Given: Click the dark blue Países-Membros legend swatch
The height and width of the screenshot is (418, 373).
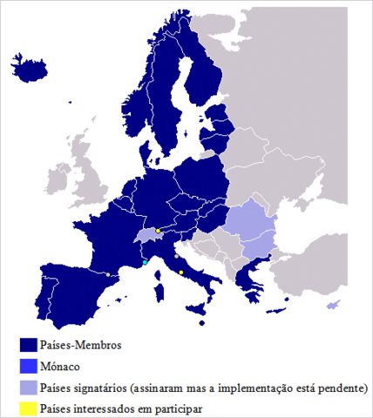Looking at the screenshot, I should point(30,345).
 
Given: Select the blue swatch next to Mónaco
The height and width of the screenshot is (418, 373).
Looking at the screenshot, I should point(30,366).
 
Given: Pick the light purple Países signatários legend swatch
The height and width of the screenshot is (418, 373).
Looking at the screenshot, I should point(30,387).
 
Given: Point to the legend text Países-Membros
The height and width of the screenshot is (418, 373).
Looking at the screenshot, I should point(81,345).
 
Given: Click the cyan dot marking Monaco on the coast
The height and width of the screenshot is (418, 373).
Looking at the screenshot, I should point(145,262).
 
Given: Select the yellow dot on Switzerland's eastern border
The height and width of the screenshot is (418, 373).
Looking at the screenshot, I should point(158,231).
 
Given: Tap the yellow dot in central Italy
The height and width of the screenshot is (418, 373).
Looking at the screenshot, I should point(180,273).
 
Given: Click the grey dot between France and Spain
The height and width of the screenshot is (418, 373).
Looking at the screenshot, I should point(107,275).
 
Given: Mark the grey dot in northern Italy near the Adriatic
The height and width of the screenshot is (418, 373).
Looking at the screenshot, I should point(176,257).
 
